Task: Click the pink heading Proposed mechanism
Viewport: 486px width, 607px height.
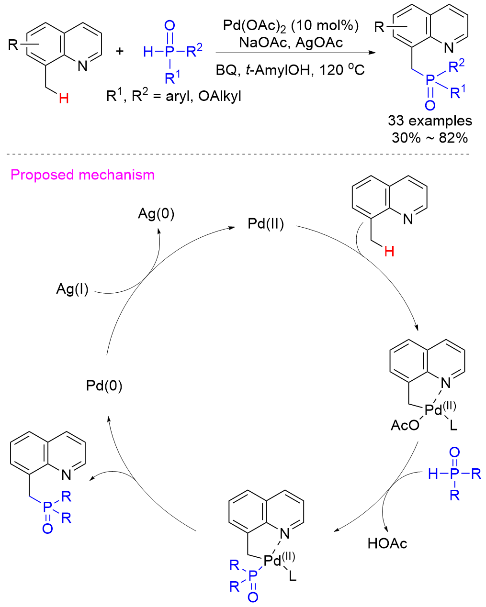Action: click(82, 175)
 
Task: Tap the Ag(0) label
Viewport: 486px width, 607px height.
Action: click(156, 213)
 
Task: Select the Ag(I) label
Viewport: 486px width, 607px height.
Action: click(72, 289)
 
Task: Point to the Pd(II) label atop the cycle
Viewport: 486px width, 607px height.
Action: click(266, 223)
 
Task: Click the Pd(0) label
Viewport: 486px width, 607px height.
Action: click(104, 386)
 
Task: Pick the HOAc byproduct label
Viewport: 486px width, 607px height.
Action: click(387, 543)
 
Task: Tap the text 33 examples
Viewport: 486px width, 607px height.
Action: click(430, 121)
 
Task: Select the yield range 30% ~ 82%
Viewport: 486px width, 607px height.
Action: click(429, 138)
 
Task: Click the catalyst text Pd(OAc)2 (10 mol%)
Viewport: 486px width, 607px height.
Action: click(291, 26)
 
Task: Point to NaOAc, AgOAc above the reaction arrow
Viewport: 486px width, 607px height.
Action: click(291, 43)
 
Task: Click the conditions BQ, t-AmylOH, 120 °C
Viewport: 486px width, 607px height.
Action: click(290, 70)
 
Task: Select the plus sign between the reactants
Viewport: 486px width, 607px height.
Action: click(119, 51)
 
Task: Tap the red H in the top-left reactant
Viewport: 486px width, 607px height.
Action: click(64, 99)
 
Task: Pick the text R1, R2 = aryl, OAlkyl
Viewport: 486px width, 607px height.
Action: click(173, 97)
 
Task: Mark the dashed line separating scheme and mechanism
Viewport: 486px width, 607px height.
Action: click(239, 155)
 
